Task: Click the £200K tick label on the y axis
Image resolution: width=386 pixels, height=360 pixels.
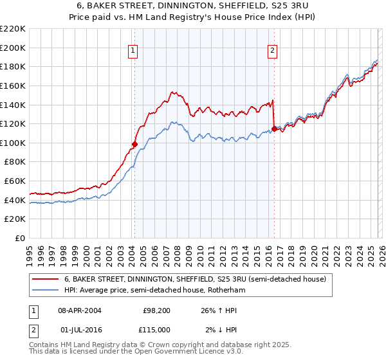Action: pyautogui.click(x=13, y=48)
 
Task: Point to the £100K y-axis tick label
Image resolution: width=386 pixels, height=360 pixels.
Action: pyautogui.click(x=13, y=143)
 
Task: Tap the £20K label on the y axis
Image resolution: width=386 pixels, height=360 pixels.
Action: pyautogui.click(x=15, y=219)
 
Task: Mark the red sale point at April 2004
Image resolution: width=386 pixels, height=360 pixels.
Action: pyautogui.click(x=134, y=145)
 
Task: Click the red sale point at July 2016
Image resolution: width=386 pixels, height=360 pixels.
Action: pyautogui.click(x=274, y=129)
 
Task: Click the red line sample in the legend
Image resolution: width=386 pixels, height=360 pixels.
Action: pyautogui.click(x=46, y=279)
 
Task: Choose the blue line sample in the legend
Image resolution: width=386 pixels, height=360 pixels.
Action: pyautogui.click(x=46, y=290)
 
